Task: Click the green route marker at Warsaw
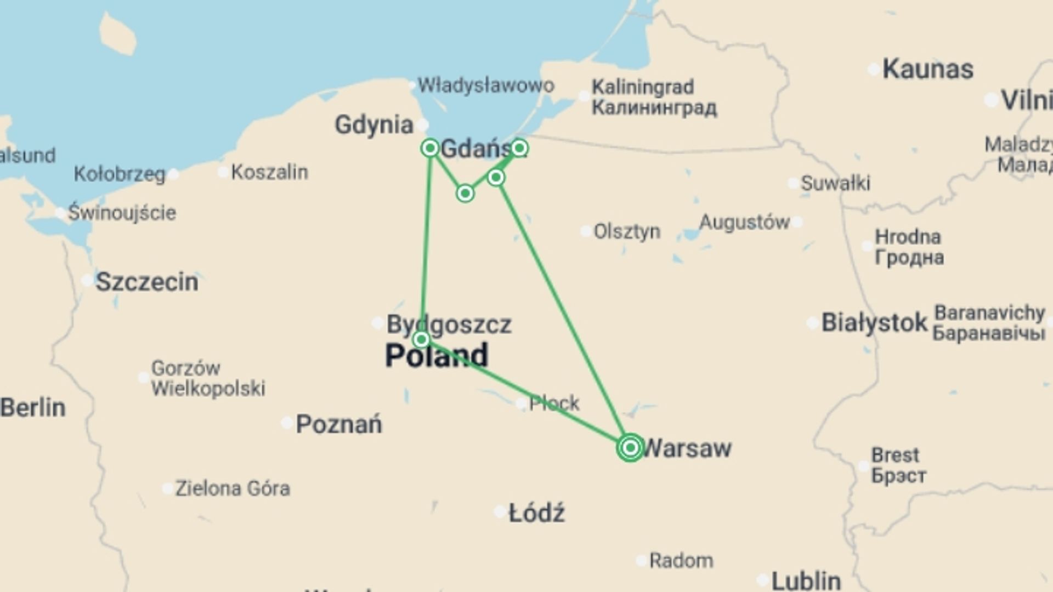pos(630,448)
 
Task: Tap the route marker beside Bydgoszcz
pos(421,340)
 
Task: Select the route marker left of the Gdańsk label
pos(431,148)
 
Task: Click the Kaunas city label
pos(927,70)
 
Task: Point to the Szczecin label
pos(147,282)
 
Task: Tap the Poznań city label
pos(339,424)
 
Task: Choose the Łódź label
pos(536,514)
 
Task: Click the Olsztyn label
pos(627,231)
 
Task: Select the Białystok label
pos(874,323)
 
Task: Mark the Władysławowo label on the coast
pos(486,86)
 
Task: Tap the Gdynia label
pos(374,125)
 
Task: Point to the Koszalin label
pos(269,172)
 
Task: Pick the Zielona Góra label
pos(233,488)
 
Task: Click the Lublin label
pos(806,580)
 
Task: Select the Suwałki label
pos(835,183)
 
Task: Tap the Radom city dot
pos(641,561)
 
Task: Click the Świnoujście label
pos(122,213)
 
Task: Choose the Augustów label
pos(744,223)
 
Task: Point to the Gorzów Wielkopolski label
pos(208,378)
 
